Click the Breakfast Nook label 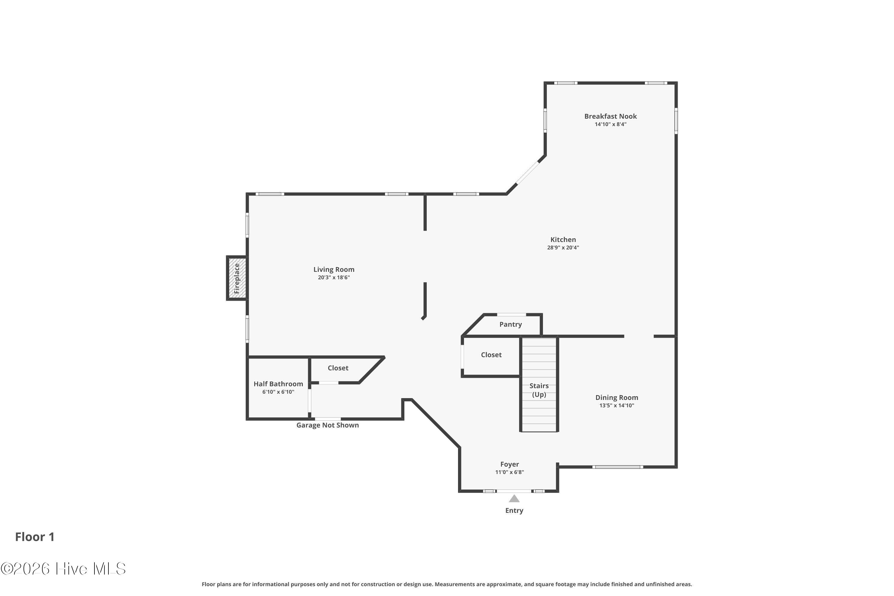(x=610, y=116)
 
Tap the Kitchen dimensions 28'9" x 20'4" (x=563, y=247)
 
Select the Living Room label (x=334, y=269)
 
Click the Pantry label (x=510, y=324)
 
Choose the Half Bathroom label (x=278, y=384)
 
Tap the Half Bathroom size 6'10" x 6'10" (x=278, y=392)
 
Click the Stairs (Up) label (x=539, y=390)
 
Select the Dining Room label (x=617, y=398)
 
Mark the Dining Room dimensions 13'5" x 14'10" (x=617, y=406)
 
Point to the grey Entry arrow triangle (x=514, y=498)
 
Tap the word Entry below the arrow (x=514, y=510)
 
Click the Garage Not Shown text (x=328, y=425)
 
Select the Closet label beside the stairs (x=491, y=355)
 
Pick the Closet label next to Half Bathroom (x=338, y=368)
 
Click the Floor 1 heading (x=35, y=537)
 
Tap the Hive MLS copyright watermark (x=63, y=569)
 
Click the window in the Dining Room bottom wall (x=618, y=467)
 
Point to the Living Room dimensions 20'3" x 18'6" (x=334, y=277)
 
